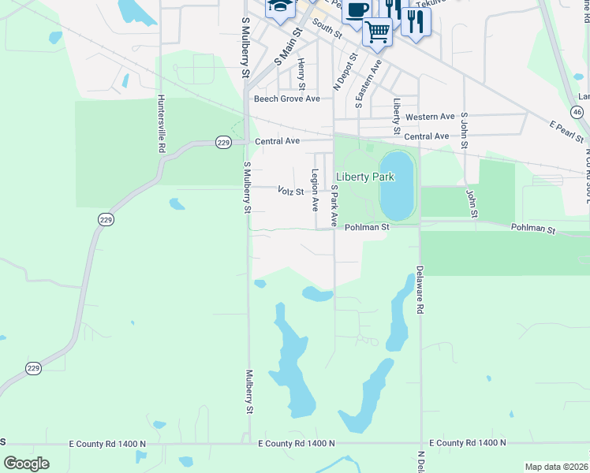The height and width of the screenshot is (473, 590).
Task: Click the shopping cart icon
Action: coord(377,32)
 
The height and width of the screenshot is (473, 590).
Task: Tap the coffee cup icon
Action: coord(357,10)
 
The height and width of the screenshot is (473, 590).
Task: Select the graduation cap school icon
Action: coord(279,7)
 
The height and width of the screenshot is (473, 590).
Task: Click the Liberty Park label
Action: coord(364,177)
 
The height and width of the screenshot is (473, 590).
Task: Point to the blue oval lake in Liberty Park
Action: coord(397,186)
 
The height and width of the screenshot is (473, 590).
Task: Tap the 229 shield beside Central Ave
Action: coord(223,142)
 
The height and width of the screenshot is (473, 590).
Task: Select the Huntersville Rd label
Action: coord(161,124)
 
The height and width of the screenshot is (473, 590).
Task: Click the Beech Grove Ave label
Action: coord(286,99)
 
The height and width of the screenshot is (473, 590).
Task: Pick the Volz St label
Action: coord(291,191)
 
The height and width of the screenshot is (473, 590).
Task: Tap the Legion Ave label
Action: coord(315,190)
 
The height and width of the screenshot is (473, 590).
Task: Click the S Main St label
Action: coord(288,47)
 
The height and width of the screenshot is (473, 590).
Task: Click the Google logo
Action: coord(26,464)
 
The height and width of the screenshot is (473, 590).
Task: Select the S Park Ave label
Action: coord(334,207)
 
